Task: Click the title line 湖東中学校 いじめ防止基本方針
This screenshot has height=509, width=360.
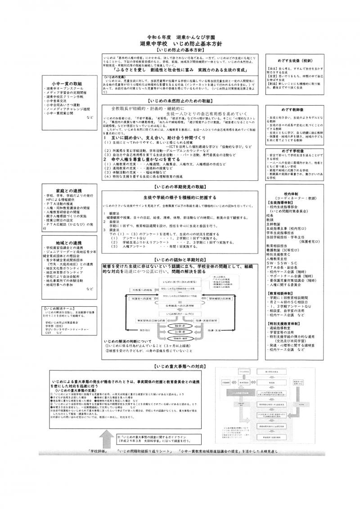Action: point(180,43)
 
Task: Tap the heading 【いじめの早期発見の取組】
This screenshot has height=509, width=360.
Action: point(180,186)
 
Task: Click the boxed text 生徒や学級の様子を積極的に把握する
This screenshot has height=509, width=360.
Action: point(180,197)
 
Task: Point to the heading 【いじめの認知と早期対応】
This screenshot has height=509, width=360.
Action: point(180,260)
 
